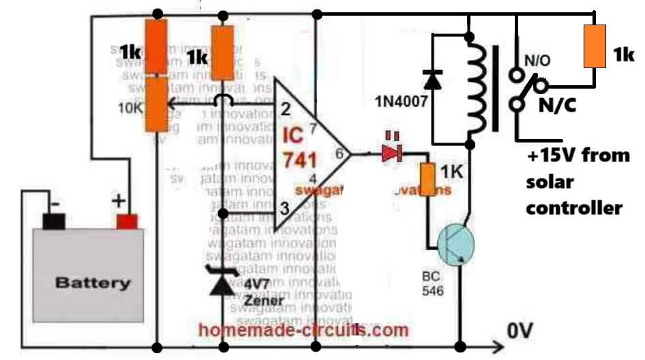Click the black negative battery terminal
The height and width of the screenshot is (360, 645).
(x=52, y=221)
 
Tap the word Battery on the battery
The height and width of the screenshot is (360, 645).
(x=92, y=282)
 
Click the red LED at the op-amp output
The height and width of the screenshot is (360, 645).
(x=391, y=154)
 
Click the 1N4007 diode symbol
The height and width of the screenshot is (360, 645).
(x=432, y=80)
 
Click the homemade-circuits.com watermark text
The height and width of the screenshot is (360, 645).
(x=303, y=331)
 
